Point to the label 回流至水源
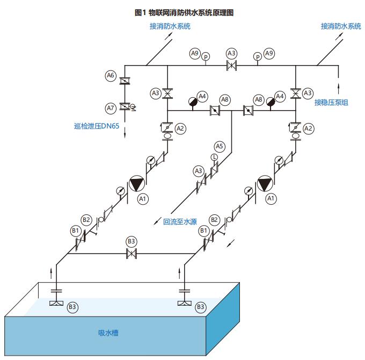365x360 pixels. [180, 221]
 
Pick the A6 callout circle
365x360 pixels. [111, 76]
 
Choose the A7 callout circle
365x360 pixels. [111, 108]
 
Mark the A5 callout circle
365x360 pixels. [220, 146]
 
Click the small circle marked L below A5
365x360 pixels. [214, 157]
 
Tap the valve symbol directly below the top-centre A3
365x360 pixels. [232, 66]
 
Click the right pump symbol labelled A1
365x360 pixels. [265, 184]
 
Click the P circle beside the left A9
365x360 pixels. [206, 56]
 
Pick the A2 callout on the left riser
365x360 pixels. [180, 128]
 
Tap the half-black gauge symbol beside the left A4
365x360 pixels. [193, 101]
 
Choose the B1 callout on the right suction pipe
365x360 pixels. [203, 231]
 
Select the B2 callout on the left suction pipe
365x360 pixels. [86, 220]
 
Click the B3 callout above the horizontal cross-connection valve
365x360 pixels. [130, 241]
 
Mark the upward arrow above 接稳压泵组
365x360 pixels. [339, 86]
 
